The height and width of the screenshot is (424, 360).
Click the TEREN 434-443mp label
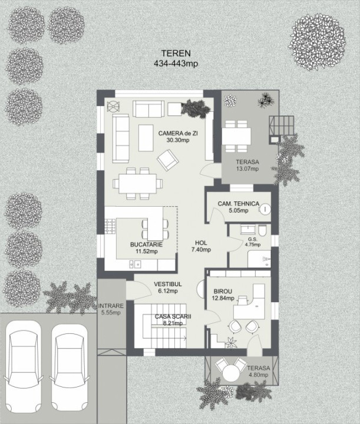tap(176, 58)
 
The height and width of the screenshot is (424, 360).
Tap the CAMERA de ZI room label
tap(178, 137)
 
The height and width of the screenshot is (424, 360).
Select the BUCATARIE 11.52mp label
tap(146, 248)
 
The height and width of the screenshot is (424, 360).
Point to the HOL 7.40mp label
tap(201, 246)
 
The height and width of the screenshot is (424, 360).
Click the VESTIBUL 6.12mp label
tap(168, 287)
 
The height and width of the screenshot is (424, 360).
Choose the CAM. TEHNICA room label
tap(239, 207)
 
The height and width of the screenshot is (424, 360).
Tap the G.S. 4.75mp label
tap(253, 242)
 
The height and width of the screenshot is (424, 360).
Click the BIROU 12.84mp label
tap(223, 295)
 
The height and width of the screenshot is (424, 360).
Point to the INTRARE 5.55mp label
tap(111, 309)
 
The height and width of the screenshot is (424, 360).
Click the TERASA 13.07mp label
tap(247, 165)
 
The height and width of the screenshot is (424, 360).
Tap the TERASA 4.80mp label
tap(258, 371)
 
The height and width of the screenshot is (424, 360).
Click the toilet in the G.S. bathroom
tap(262, 230)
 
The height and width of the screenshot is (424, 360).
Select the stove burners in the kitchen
tap(110, 226)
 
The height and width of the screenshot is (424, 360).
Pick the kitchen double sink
tap(135, 264)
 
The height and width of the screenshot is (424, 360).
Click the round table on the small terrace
tap(231, 373)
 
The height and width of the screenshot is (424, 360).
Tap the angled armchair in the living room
tap(168, 160)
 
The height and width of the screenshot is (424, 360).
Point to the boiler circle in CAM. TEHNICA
tap(266, 208)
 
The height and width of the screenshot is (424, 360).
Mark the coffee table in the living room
tap(146, 138)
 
